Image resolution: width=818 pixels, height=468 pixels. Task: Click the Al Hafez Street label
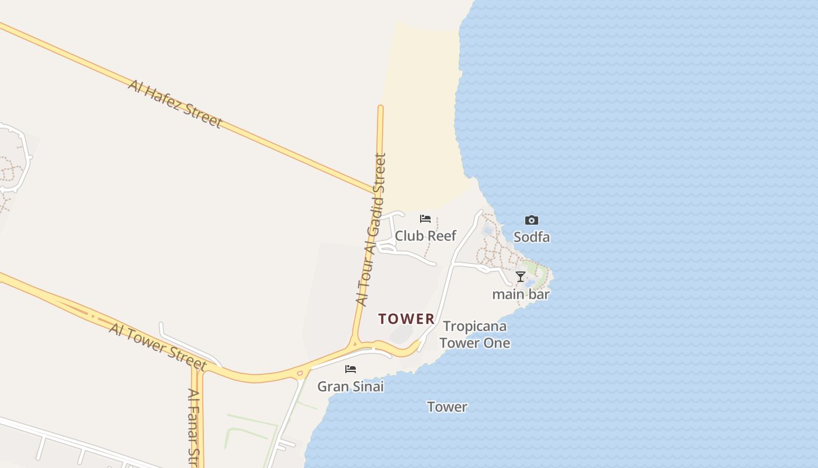175,104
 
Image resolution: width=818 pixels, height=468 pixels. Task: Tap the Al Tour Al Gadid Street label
372,229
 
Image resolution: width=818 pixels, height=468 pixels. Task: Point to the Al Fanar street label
195,427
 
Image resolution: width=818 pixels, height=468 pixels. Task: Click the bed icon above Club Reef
425,219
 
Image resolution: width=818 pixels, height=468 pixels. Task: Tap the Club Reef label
425,236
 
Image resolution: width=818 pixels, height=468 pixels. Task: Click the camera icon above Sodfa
531,221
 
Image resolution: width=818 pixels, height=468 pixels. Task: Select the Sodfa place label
531,237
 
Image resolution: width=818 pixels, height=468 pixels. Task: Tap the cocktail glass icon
521,276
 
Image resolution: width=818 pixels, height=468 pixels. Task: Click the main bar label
521,294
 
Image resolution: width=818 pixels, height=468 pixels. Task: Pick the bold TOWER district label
407,319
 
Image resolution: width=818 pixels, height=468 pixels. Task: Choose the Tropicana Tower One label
474,335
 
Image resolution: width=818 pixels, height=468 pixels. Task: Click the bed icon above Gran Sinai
351,369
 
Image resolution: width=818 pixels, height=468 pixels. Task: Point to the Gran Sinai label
351,386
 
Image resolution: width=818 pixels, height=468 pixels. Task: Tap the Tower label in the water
447,407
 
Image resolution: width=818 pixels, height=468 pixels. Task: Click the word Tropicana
474,326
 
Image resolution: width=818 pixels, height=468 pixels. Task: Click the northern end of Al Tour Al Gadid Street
380,108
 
